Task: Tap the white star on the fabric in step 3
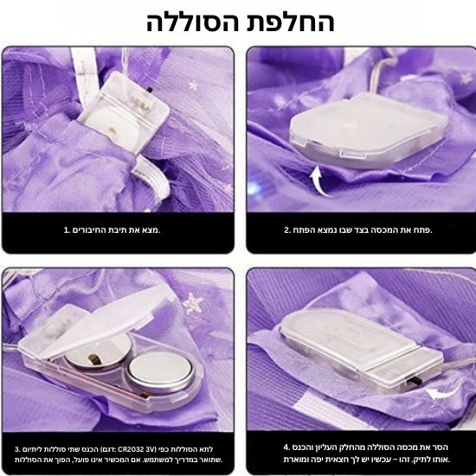coord(193,304)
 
